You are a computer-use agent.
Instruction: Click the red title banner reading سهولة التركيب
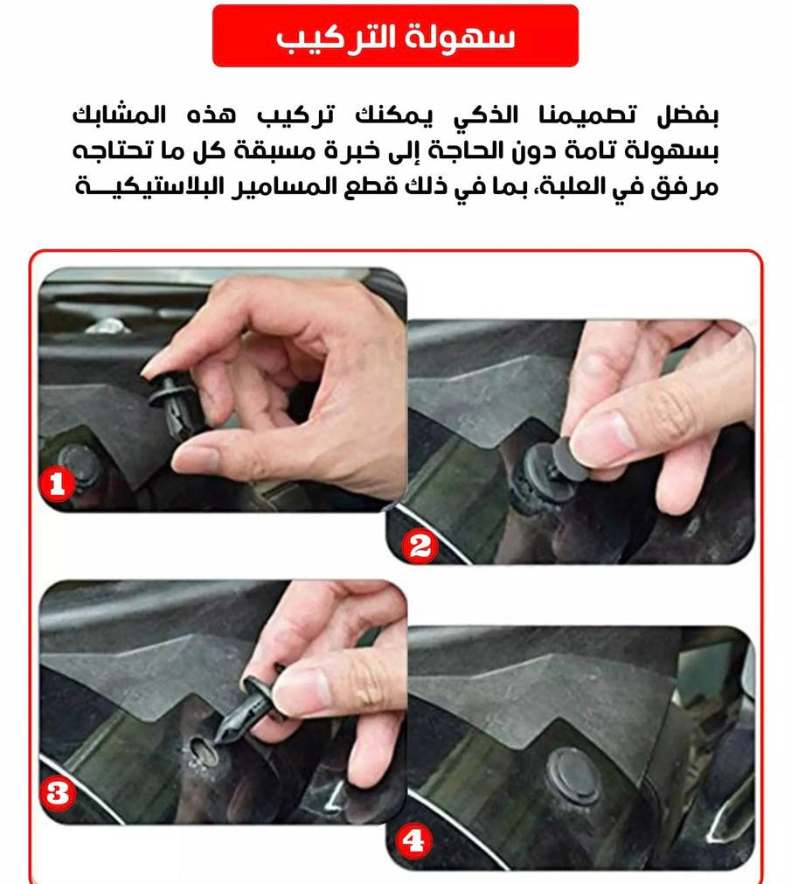pyautogui.click(x=395, y=36)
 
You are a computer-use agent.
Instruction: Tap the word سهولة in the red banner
pyautogui.click(x=461, y=38)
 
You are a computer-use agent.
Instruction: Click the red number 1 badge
pyautogui.click(x=56, y=484)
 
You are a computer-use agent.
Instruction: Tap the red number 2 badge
pyautogui.click(x=420, y=546)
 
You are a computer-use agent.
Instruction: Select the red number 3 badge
pyautogui.click(x=57, y=794)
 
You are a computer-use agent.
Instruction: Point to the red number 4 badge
pyautogui.click(x=413, y=841)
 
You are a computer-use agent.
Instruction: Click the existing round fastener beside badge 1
pyautogui.click(x=80, y=466)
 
